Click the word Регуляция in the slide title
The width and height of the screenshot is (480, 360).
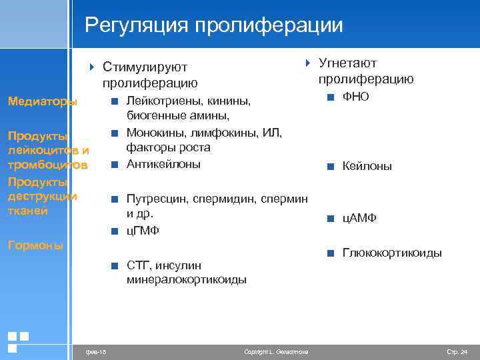(x=137, y=25)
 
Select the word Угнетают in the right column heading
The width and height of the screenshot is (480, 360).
(x=347, y=63)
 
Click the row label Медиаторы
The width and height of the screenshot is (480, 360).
(x=42, y=102)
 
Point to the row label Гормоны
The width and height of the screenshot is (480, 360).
(x=35, y=245)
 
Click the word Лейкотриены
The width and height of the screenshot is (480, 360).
(x=165, y=102)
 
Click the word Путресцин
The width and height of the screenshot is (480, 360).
(x=156, y=199)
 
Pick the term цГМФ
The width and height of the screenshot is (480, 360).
(x=143, y=231)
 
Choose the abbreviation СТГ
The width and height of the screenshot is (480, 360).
(x=138, y=266)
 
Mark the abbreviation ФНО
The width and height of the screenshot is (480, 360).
(x=355, y=97)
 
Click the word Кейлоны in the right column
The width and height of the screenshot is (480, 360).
(x=367, y=167)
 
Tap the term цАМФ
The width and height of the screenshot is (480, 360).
(x=360, y=218)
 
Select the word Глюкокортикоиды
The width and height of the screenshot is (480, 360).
(x=392, y=253)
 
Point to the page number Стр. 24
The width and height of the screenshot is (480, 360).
(x=457, y=351)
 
